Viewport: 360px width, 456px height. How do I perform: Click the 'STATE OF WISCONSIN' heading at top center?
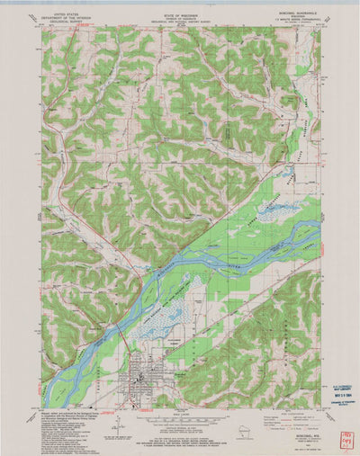tap(180, 14)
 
